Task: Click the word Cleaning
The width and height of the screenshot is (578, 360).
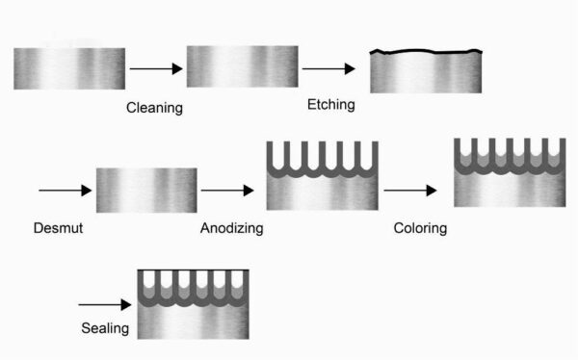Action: (x=154, y=107)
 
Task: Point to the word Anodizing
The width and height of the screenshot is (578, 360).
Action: (x=231, y=228)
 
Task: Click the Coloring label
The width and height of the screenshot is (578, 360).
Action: (x=420, y=228)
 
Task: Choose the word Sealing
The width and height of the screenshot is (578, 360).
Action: (x=104, y=328)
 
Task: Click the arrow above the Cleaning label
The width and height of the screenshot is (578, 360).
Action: (x=155, y=69)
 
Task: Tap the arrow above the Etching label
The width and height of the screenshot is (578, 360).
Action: (x=328, y=69)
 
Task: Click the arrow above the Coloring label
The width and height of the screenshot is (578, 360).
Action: (x=410, y=191)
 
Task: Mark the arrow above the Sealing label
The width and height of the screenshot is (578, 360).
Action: (x=104, y=296)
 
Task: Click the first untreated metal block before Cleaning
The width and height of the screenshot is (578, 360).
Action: (x=68, y=68)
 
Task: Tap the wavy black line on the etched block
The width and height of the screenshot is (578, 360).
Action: (x=425, y=50)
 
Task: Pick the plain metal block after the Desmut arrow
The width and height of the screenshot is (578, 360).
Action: (x=146, y=191)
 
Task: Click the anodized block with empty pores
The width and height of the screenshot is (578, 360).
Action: (x=322, y=175)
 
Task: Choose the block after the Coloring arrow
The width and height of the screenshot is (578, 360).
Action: (x=508, y=173)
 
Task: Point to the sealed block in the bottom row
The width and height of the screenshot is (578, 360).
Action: (x=193, y=304)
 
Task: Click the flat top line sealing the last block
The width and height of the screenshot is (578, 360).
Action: (x=193, y=270)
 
